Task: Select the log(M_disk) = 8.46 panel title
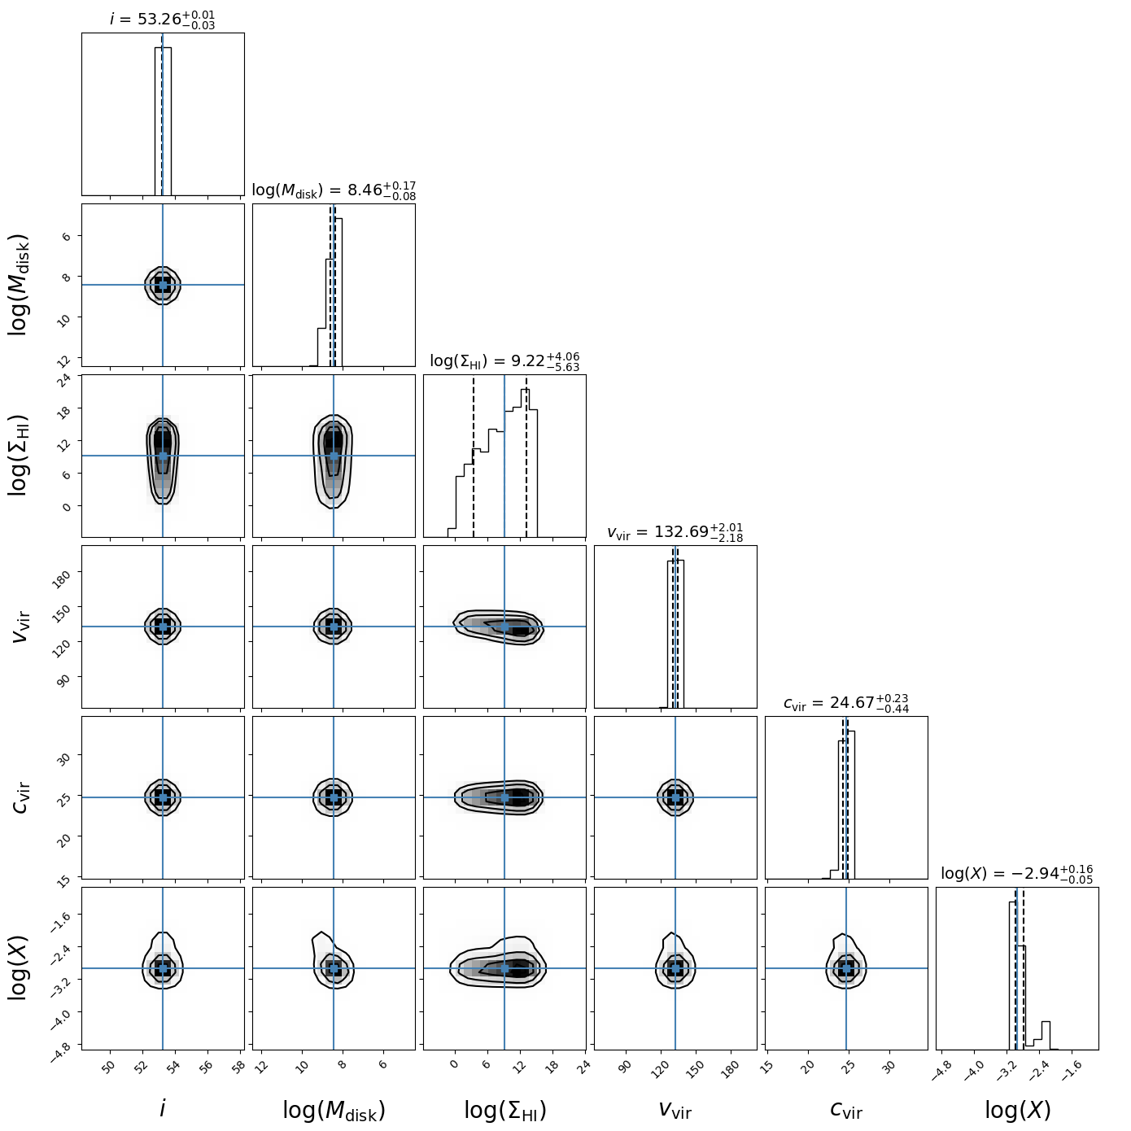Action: pyautogui.click(x=334, y=190)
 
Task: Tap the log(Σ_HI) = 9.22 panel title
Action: pyautogui.click(x=504, y=361)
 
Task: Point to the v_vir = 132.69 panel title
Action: pyautogui.click(x=675, y=532)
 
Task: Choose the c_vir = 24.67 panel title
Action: pyautogui.click(x=846, y=703)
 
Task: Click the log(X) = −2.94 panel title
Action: pyautogui.click(x=1017, y=874)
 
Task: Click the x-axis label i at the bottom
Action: pyautogui.click(x=163, y=1109)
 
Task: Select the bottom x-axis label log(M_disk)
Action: pyautogui.click(x=334, y=1111)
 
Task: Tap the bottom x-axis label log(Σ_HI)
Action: pyautogui.click(x=504, y=1111)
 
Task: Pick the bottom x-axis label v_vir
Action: pyautogui.click(x=675, y=1110)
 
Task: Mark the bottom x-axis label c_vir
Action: pyautogui.click(x=846, y=1110)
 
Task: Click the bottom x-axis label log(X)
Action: pyautogui.click(x=1017, y=1111)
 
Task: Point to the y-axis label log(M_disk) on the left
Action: pyautogui.click(x=20, y=285)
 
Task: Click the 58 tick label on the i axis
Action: pyautogui.click(x=238, y=1068)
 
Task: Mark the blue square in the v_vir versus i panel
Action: pyautogui.click(x=163, y=627)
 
